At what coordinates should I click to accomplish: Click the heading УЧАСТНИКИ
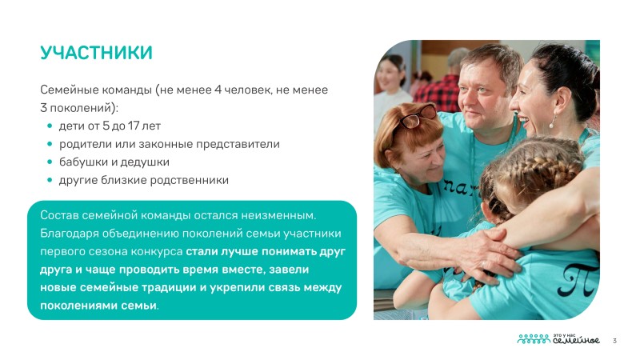tap(96, 53)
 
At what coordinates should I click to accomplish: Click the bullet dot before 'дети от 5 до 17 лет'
tap(50, 126)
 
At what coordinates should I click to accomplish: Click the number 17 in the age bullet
tap(134, 126)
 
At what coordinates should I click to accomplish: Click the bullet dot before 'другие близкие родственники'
tap(50, 180)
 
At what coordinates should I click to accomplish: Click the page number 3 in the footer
tap(614, 341)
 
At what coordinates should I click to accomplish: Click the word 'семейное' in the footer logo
tap(576, 340)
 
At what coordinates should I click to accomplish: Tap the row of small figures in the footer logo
tap(534, 338)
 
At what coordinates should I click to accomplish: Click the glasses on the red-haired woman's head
tap(414, 116)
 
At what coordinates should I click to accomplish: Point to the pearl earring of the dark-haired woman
tap(553, 122)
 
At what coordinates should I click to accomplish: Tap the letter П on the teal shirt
tap(578, 280)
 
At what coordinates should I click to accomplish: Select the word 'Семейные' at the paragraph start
tap(69, 90)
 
